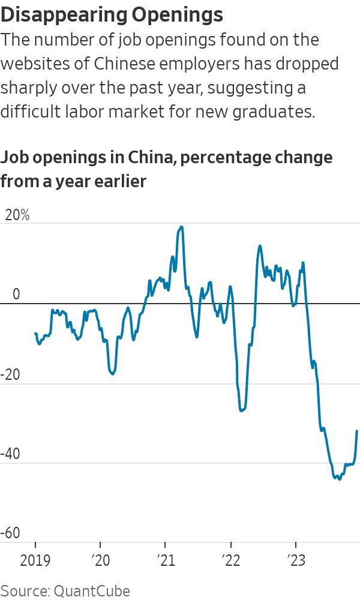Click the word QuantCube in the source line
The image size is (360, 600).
point(92,591)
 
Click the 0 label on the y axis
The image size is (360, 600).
point(16,295)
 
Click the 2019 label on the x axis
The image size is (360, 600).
point(35,561)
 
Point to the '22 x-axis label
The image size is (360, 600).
point(230,561)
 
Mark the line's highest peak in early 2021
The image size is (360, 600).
point(181,227)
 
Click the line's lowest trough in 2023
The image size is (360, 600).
point(340,479)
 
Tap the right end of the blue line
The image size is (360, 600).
point(357,431)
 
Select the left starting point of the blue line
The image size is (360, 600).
point(35,333)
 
